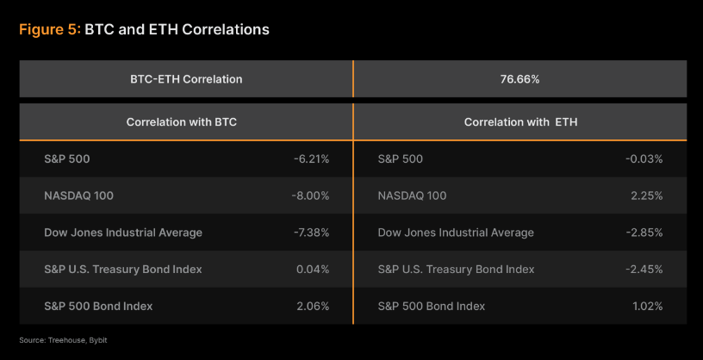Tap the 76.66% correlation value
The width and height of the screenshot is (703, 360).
(519, 79)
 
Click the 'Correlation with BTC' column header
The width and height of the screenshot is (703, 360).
(182, 122)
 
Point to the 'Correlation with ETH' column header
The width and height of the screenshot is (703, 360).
(520, 122)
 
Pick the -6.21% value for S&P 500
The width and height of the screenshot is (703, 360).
(311, 159)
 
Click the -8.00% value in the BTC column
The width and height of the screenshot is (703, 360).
(311, 196)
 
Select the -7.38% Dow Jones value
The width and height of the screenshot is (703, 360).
(311, 233)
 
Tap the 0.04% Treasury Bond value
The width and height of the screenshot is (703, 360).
(313, 270)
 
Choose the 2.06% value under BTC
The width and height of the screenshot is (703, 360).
(313, 306)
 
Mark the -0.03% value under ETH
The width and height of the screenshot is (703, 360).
(645, 159)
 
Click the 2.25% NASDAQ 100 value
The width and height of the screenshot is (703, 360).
(647, 196)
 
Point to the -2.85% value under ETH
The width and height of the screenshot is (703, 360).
(645, 233)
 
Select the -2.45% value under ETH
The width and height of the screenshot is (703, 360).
(645, 270)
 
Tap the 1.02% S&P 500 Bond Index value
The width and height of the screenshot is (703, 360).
(647, 306)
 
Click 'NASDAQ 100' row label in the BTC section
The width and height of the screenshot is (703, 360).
(78, 196)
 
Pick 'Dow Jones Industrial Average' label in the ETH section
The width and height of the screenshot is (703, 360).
(456, 233)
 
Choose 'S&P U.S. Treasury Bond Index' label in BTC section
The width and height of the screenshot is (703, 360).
(122, 270)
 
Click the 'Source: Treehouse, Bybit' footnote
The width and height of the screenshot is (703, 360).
(63, 340)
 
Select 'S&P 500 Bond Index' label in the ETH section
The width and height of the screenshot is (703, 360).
(431, 306)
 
